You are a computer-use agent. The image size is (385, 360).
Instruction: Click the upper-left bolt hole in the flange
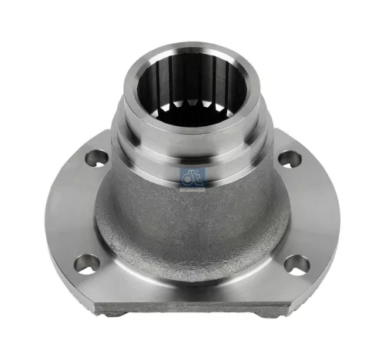click(x=96, y=158)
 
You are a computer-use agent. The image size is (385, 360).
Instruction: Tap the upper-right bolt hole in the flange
click(x=290, y=160)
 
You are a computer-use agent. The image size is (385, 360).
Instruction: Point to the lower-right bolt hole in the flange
click(x=296, y=265)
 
